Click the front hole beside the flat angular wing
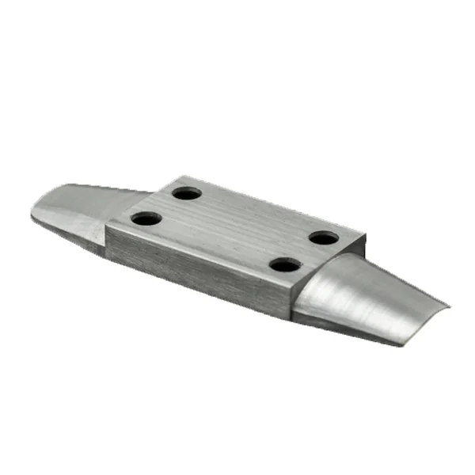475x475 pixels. pos(146,218)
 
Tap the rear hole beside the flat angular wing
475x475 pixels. pos(187,192)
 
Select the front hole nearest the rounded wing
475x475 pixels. pos(286,264)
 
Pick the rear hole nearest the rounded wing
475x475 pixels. pos(324,237)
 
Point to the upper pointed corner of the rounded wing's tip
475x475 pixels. pos(449,306)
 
